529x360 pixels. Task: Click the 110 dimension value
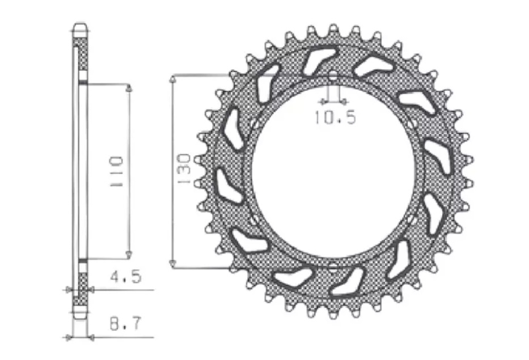point(117,171)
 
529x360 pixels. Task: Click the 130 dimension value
point(184,169)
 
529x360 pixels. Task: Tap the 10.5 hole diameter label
point(335,117)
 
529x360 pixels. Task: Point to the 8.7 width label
point(125,324)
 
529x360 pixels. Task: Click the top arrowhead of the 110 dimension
point(129,88)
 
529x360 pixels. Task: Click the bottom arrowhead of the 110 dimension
point(129,255)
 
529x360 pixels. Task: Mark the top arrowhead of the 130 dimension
point(173,79)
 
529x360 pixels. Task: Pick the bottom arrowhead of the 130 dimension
point(173,263)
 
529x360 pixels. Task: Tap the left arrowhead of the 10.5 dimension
point(324,100)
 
